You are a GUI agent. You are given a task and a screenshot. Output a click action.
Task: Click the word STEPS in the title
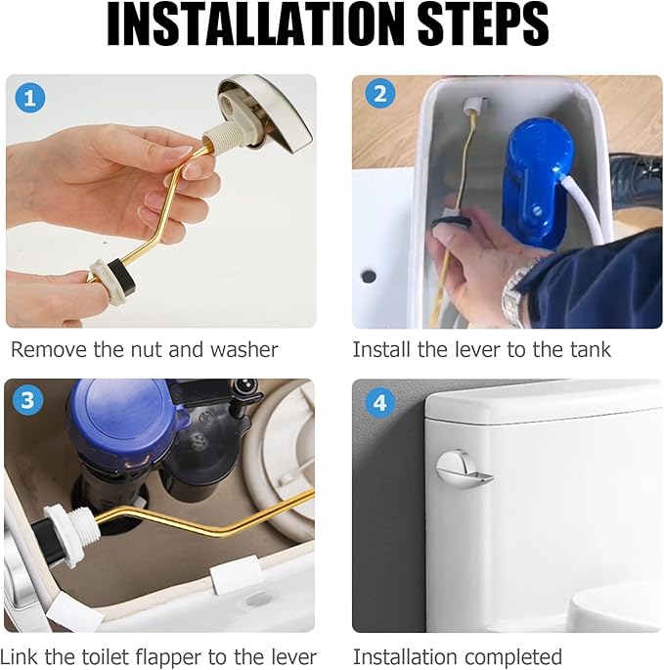click(x=483, y=23)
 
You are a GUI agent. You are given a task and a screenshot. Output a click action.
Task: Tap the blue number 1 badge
click(x=30, y=98)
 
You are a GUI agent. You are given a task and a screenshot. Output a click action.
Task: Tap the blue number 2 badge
click(x=379, y=94)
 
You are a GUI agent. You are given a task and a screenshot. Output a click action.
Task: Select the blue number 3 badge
click(x=27, y=400)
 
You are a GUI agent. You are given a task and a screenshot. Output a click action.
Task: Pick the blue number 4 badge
click(x=379, y=403)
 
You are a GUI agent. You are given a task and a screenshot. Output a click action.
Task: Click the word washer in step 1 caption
click(x=243, y=350)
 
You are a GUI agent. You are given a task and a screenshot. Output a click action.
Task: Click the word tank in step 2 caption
click(x=590, y=350)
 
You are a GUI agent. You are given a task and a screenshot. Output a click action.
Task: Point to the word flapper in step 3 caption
click(x=169, y=656)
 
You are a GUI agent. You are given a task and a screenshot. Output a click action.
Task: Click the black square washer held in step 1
click(x=121, y=274)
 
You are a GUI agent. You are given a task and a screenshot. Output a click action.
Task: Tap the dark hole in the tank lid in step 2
click(x=369, y=276)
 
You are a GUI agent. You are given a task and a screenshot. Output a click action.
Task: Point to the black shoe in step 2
click(x=636, y=179)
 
